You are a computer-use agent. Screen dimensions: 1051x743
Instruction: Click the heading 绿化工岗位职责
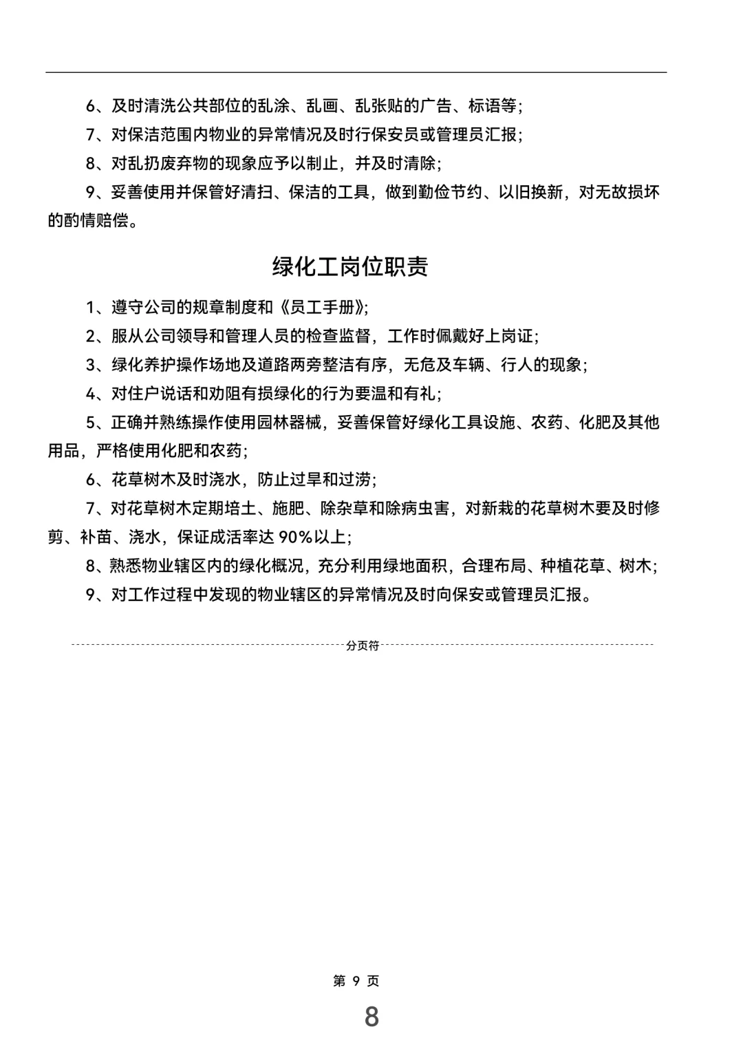350,267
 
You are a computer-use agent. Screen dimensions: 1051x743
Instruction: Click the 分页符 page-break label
363,646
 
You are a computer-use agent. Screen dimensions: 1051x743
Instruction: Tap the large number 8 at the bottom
371,1017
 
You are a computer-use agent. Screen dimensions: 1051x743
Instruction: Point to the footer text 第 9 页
356,981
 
